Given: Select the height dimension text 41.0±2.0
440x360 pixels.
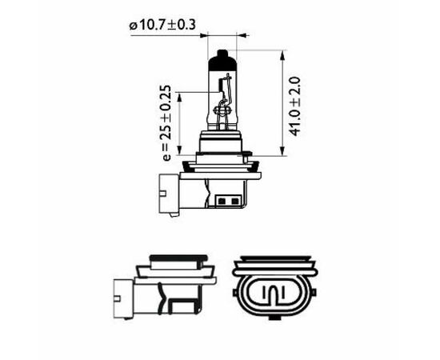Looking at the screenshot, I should coord(295,106).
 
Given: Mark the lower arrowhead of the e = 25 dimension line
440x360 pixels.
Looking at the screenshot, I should coord(182,155).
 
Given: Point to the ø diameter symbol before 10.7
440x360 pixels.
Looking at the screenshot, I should coord(132,25).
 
